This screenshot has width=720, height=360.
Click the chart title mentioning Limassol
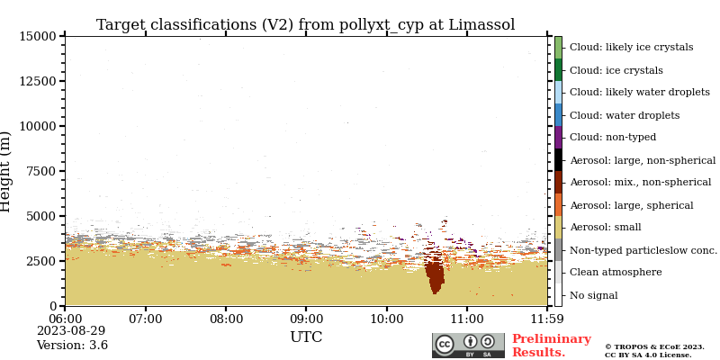pyautogui.click(x=305, y=25)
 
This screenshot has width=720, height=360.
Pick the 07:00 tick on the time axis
pyautogui.click(x=146, y=319)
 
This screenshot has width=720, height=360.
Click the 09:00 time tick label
pyautogui.click(x=307, y=319)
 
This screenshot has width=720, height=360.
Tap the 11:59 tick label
pyautogui.click(x=547, y=319)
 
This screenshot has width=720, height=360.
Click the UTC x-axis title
pyautogui.click(x=306, y=338)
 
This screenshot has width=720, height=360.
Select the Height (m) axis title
pyautogui.click(x=7, y=171)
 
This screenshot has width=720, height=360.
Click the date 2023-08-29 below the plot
pyautogui.click(x=71, y=331)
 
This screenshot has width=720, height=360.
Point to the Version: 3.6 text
pyautogui.click(x=72, y=346)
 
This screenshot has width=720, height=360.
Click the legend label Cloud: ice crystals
pyautogui.click(x=616, y=70)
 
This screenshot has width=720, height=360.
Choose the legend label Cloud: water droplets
pyautogui.click(x=625, y=115)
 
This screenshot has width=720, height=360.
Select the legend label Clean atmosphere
pyautogui.click(x=616, y=273)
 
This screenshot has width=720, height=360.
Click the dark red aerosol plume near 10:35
pyautogui.click(x=435, y=274)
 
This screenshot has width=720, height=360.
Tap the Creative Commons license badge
pyautogui.click(x=468, y=346)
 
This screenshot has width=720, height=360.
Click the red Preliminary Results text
pyautogui.click(x=551, y=346)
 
